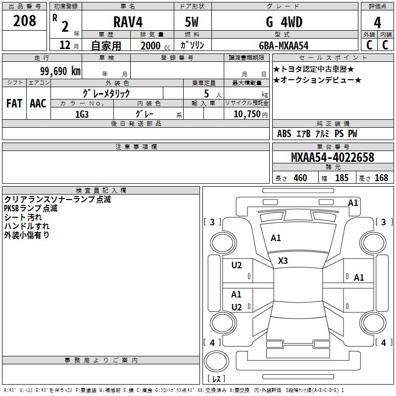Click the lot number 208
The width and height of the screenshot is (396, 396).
click(x=25, y=21)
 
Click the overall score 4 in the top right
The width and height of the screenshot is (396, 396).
click(x=377, y=22)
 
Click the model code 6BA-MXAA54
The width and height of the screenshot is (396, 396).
click(x=284, y=46)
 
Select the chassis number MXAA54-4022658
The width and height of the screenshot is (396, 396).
click(x=332, y=157)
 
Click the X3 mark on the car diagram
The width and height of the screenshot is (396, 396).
click(x=283, y=261)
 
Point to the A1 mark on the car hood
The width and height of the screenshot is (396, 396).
click(x=276, y=238)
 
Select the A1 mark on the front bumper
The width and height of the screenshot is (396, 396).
click(x=353, y=202)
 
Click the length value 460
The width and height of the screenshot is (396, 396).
click(x=300, y=178)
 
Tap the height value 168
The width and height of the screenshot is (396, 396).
click(x=381, y=178)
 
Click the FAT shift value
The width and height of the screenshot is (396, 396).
click(x=14, y=103)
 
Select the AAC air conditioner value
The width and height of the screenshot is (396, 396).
click(x=38, y=103)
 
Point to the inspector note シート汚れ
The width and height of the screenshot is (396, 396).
click(x=23, y=217)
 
